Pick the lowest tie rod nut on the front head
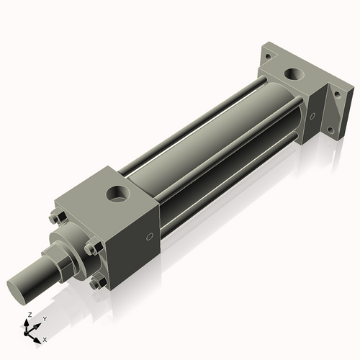tap(96, 284)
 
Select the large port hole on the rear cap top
tap(294, 73)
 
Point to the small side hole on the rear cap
tap(312, 114)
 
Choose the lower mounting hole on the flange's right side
tap(330, 130)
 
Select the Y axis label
tap(44, 319)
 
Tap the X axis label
tap(45, 338)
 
